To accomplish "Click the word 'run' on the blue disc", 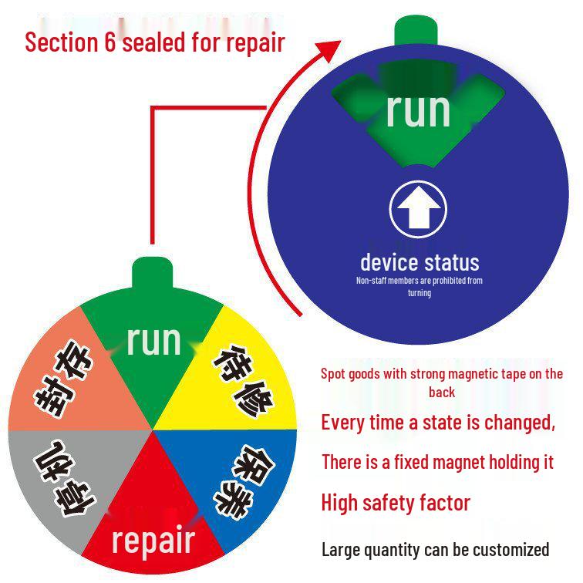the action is tap(418, 110).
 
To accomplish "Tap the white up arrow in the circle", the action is tap(419, 207).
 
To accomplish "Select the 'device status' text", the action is tap(420, 262).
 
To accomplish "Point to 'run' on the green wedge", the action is tap(153, 341).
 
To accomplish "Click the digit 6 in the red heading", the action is tap(110, 42).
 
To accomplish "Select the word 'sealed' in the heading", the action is tap(154, 42).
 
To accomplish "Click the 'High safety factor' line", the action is tap(396, 503).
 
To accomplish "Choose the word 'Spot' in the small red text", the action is tap(332, 374).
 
